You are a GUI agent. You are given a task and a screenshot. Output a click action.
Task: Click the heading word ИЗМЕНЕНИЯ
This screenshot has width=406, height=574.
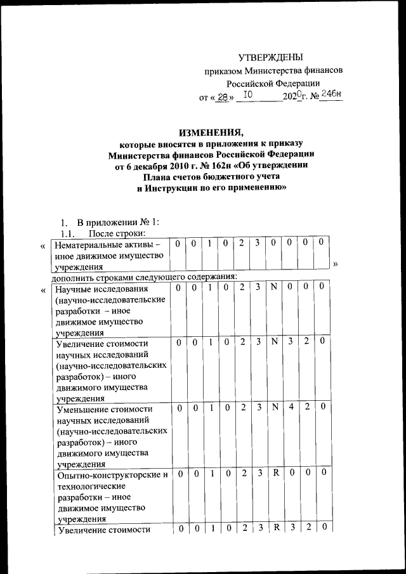pos(211,133)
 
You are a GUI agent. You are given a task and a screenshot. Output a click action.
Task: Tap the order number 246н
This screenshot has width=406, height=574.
pos(331,95)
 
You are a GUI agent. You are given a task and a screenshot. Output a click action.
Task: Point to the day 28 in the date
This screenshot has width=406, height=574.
pos(222,97)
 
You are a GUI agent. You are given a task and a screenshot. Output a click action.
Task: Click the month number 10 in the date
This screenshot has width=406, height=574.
pos(249,95)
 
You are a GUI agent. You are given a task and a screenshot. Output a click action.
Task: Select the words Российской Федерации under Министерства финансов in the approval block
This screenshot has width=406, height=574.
pos(273,83)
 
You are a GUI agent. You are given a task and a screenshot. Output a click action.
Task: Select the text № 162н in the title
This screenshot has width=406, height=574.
pos(211,167)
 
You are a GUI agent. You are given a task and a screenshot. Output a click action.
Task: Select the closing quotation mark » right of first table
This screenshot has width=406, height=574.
pos(336,263)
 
